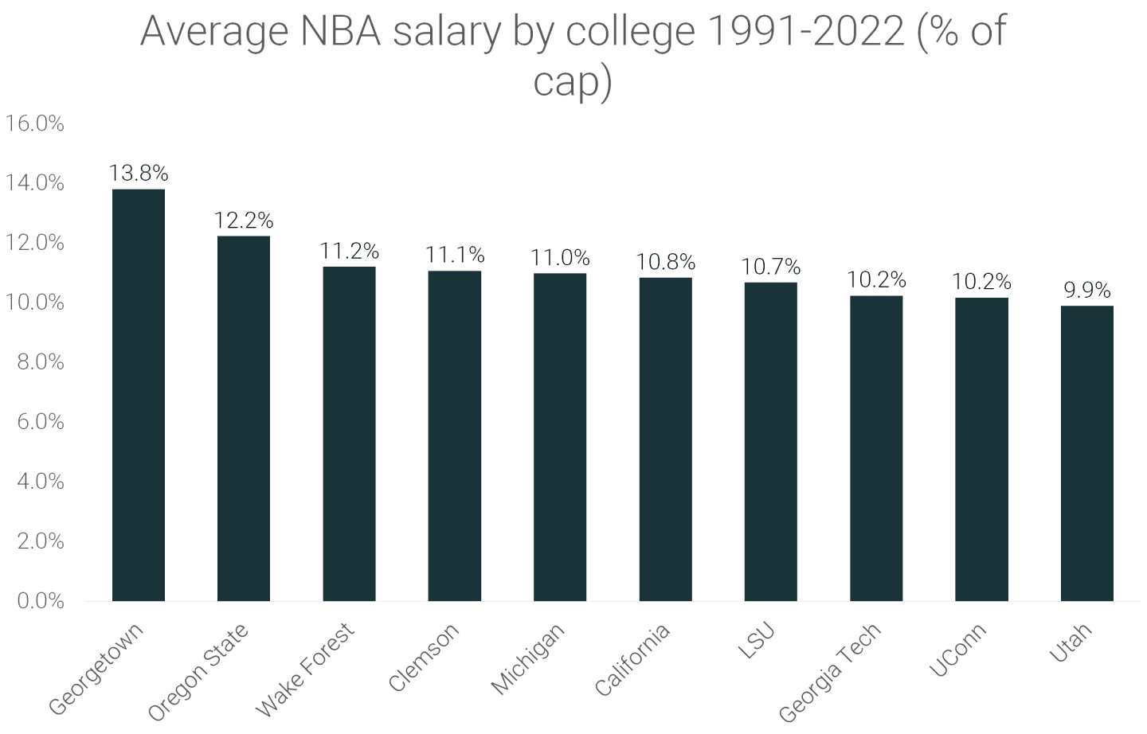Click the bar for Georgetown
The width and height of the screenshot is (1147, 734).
coord(139,395)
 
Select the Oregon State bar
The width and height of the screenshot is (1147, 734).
coord(244,418)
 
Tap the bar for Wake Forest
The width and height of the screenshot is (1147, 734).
coord(349,433)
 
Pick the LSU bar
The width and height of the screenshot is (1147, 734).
coord(770,441)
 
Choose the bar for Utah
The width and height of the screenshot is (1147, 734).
coord(1086,453)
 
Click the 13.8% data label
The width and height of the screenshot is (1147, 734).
coord(139,173)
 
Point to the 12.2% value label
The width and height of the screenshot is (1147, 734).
coord(244,220)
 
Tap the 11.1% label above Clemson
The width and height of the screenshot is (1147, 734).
coord(454,255)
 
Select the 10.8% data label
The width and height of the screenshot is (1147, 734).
coord(665,262)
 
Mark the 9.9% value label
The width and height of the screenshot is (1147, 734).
coord(1086,291)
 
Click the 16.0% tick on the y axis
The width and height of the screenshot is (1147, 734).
coord(34,123)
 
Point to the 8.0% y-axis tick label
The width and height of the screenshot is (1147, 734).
coord(40,362)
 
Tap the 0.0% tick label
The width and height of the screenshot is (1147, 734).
coord(40,600)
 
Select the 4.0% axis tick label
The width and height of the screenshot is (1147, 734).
coord(40,481)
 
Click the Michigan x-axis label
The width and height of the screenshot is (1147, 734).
coord(528,658)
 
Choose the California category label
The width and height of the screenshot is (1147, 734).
coord(633,659)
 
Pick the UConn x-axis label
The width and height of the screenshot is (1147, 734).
coord(958,650)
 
